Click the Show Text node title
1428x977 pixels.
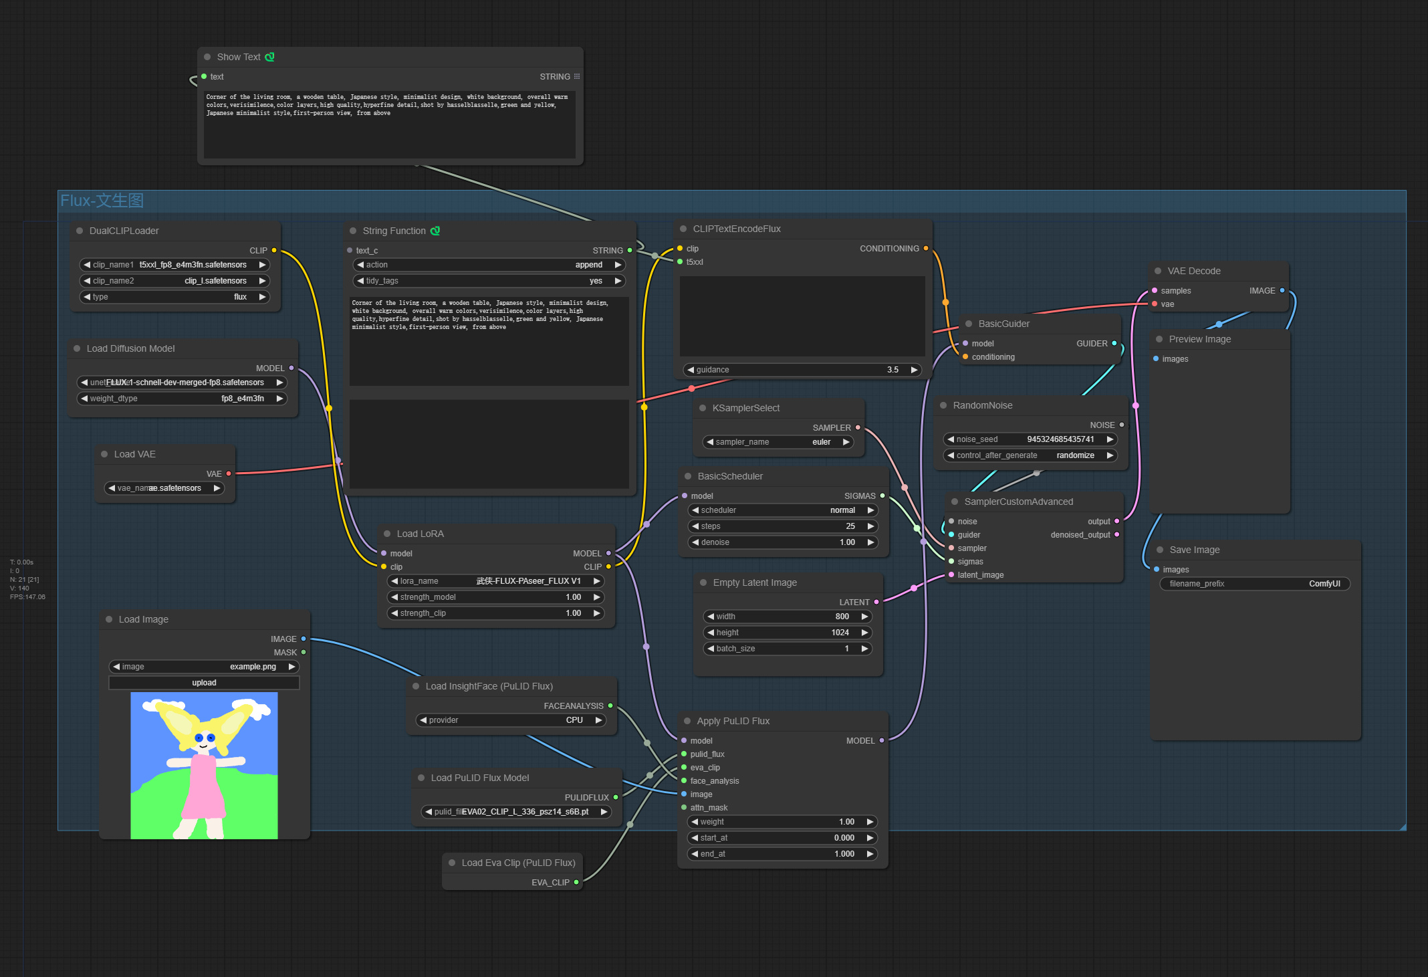point(239,57)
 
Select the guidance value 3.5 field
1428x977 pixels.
point(802,370)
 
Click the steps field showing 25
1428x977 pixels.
point(783,526)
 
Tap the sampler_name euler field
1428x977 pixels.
point(779,442)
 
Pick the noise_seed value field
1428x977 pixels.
point(1030,439)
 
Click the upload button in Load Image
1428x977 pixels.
point(204,683)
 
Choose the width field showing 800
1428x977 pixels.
point(788,617)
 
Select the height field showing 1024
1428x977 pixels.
point(788,633)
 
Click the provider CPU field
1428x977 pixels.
point(511,720)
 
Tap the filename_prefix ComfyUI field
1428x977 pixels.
point(1255,584)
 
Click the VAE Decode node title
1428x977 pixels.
point(1194,271)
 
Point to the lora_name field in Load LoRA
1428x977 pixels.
point(495,581)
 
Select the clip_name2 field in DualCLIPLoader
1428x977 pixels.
point(174,281)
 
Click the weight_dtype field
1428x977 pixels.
point(182,399)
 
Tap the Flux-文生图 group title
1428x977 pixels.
point(102,201)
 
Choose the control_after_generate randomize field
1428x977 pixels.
point(1030,455)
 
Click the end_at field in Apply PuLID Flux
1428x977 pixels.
point(783,854)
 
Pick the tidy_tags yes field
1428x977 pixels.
point(489,281)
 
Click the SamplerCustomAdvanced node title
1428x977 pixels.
point(1018,502)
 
